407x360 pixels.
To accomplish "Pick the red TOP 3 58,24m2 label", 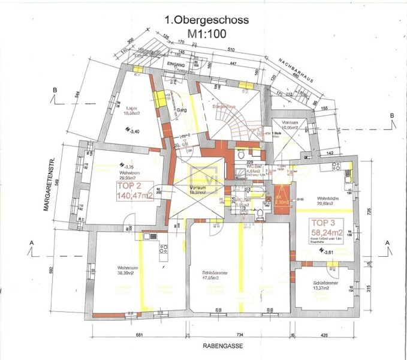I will pos(327,229).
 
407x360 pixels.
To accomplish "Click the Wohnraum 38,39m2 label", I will pos(129,270).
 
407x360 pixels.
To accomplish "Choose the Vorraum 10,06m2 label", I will pos(290,126).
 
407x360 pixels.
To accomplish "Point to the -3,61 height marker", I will pos(328,254).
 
